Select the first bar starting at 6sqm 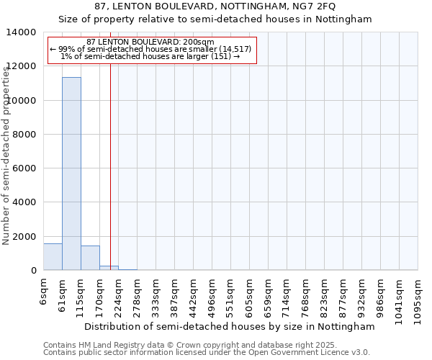[x=53, y=257]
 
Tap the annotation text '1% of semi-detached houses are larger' [x=150, y=56]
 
